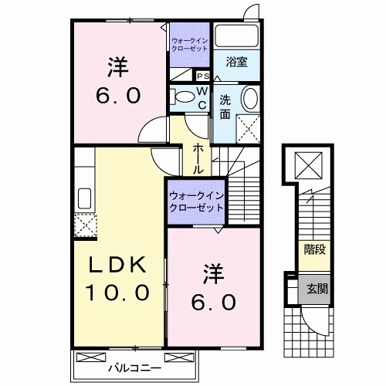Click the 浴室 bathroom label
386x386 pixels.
coord(237,63)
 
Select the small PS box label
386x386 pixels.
coord(203,76)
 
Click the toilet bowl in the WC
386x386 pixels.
coord(183,98)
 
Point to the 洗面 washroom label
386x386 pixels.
coord(225,107)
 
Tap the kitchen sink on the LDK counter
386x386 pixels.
coord(83,198)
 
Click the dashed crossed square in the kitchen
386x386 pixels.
coord(83,225)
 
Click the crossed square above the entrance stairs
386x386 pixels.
coord(313,163)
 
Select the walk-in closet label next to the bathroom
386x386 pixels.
coord(190,44)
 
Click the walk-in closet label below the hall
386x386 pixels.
coord(196,202)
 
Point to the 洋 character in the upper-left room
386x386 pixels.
coord(118,67)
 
